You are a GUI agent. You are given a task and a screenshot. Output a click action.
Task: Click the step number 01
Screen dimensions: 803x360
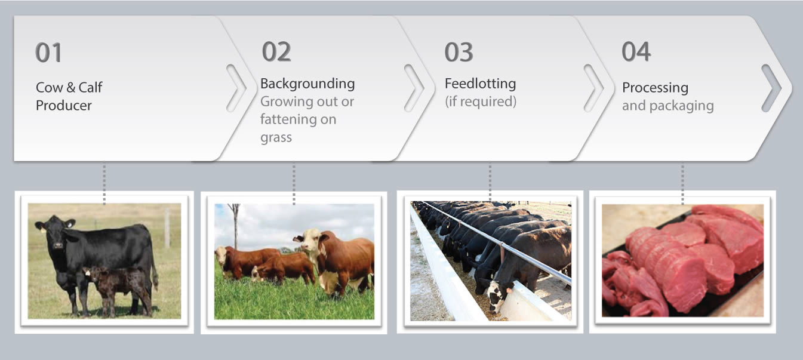tap(48, 53)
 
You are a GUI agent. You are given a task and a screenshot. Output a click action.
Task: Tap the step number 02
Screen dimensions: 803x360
tap(276, 51)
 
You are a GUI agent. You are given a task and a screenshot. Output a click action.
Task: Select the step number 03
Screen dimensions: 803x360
tap(459, 53)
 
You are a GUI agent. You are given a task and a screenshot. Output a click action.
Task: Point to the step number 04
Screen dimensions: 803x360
tap(636, 51)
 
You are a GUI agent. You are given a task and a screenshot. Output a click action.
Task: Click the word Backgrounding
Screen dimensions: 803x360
tap(307, 84)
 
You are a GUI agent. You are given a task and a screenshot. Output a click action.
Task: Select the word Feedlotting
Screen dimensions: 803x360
tap(481, 84)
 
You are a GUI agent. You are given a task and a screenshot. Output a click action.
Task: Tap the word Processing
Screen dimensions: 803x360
tap(656, 88)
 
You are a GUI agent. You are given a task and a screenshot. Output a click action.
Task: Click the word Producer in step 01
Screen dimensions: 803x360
tap(64, 106)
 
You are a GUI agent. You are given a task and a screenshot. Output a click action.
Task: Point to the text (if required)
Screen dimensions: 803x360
tap(481, 101)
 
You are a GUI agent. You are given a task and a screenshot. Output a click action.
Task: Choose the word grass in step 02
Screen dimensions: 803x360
tap(276, 138)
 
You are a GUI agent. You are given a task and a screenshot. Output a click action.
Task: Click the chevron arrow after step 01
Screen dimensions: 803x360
tap(236, 88)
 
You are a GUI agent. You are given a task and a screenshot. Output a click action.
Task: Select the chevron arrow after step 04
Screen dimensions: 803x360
tap(771, 88)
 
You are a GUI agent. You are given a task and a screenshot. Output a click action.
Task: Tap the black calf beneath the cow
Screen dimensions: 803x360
tap(118, 288)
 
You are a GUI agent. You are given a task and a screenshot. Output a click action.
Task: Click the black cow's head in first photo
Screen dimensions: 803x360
tap(56, 233)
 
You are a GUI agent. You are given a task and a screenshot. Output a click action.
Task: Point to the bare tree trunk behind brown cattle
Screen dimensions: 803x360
tap(235, 226)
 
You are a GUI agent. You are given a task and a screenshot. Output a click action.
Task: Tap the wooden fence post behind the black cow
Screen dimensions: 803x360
tap(167, 227)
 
